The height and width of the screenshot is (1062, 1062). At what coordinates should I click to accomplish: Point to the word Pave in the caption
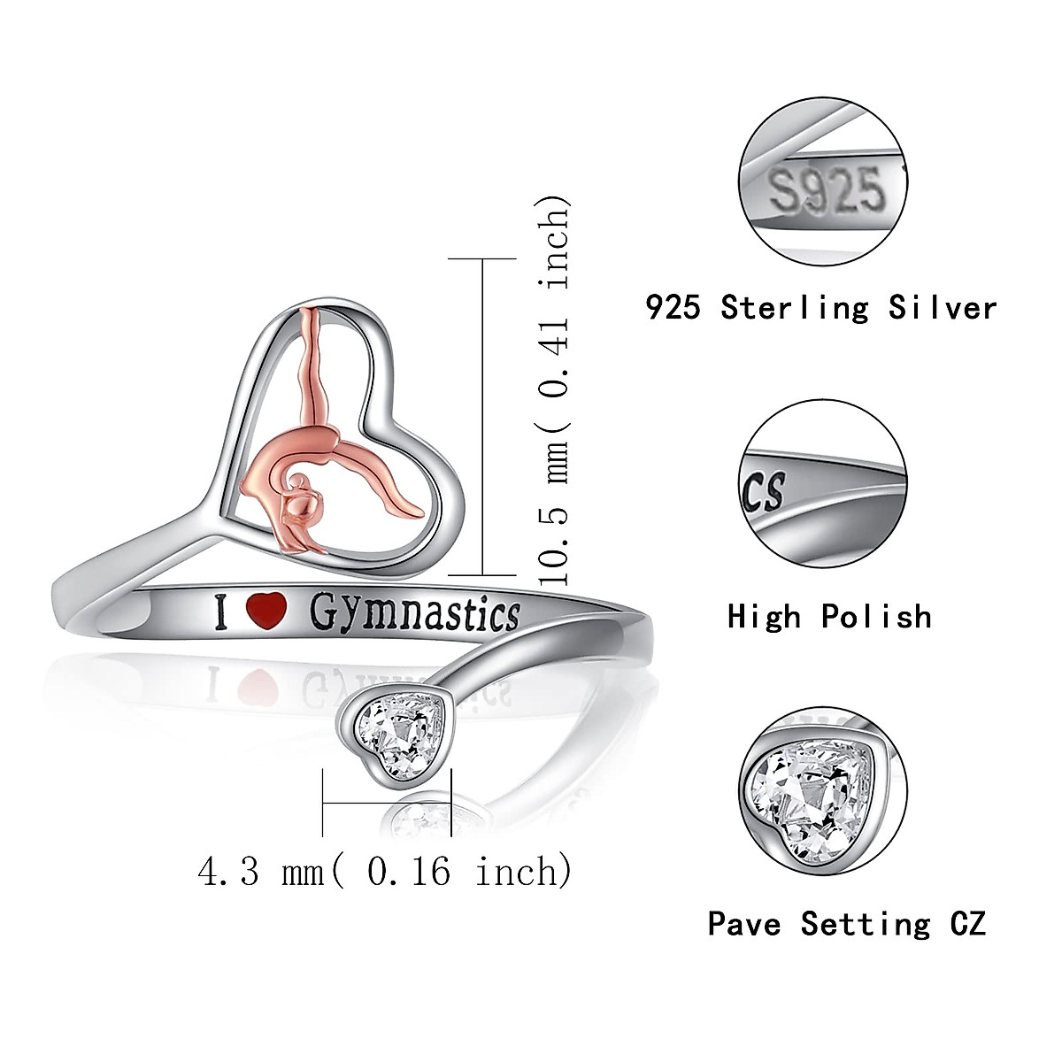744,924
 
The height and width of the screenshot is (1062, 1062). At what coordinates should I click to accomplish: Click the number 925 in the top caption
676,307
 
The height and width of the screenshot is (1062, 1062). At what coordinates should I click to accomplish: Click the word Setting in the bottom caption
866,924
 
